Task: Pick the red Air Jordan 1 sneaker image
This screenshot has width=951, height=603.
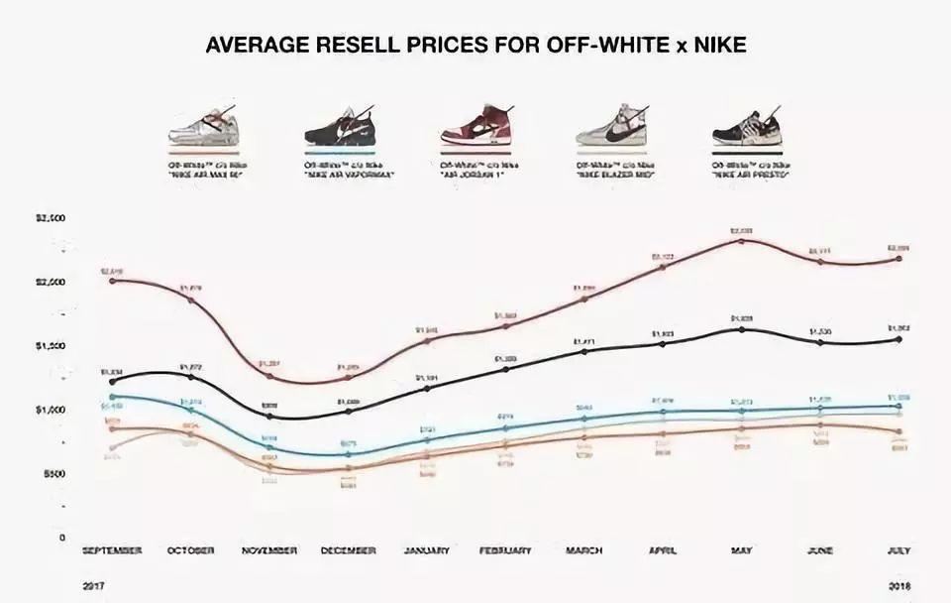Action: click(474, 126)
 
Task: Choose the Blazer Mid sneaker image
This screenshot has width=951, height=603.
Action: click(610, 126)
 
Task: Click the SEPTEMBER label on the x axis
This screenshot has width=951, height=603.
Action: click(112, 550)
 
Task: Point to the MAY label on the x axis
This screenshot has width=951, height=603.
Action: click(742, 550)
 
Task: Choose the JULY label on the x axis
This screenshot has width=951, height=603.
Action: click(898, 550)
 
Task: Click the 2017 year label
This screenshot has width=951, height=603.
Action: click(95, 587)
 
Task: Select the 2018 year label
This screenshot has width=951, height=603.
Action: click(898, 587)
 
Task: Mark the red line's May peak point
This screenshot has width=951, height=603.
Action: click(742, 241)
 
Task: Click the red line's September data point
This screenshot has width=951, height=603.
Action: click(112, 281)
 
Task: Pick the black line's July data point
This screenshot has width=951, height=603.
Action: click(898, 339)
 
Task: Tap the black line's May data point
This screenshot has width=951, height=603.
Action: click(742, 329)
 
